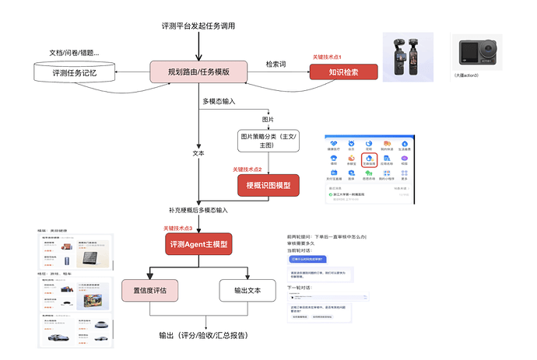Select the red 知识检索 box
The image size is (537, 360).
coord(343,72)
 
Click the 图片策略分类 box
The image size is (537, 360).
coord(268,140)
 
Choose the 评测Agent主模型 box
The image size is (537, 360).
coord(199,244)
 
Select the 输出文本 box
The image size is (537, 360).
coord(247,291)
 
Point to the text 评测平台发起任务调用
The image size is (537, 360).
coord(198,26)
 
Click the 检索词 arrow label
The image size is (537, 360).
coord(277,64)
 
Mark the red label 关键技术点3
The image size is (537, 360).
coord(178,227)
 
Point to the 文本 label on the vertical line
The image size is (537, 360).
coord(198,153)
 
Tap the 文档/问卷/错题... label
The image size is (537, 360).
coord(74,53)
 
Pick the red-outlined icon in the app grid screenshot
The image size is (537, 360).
coord(370,159)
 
